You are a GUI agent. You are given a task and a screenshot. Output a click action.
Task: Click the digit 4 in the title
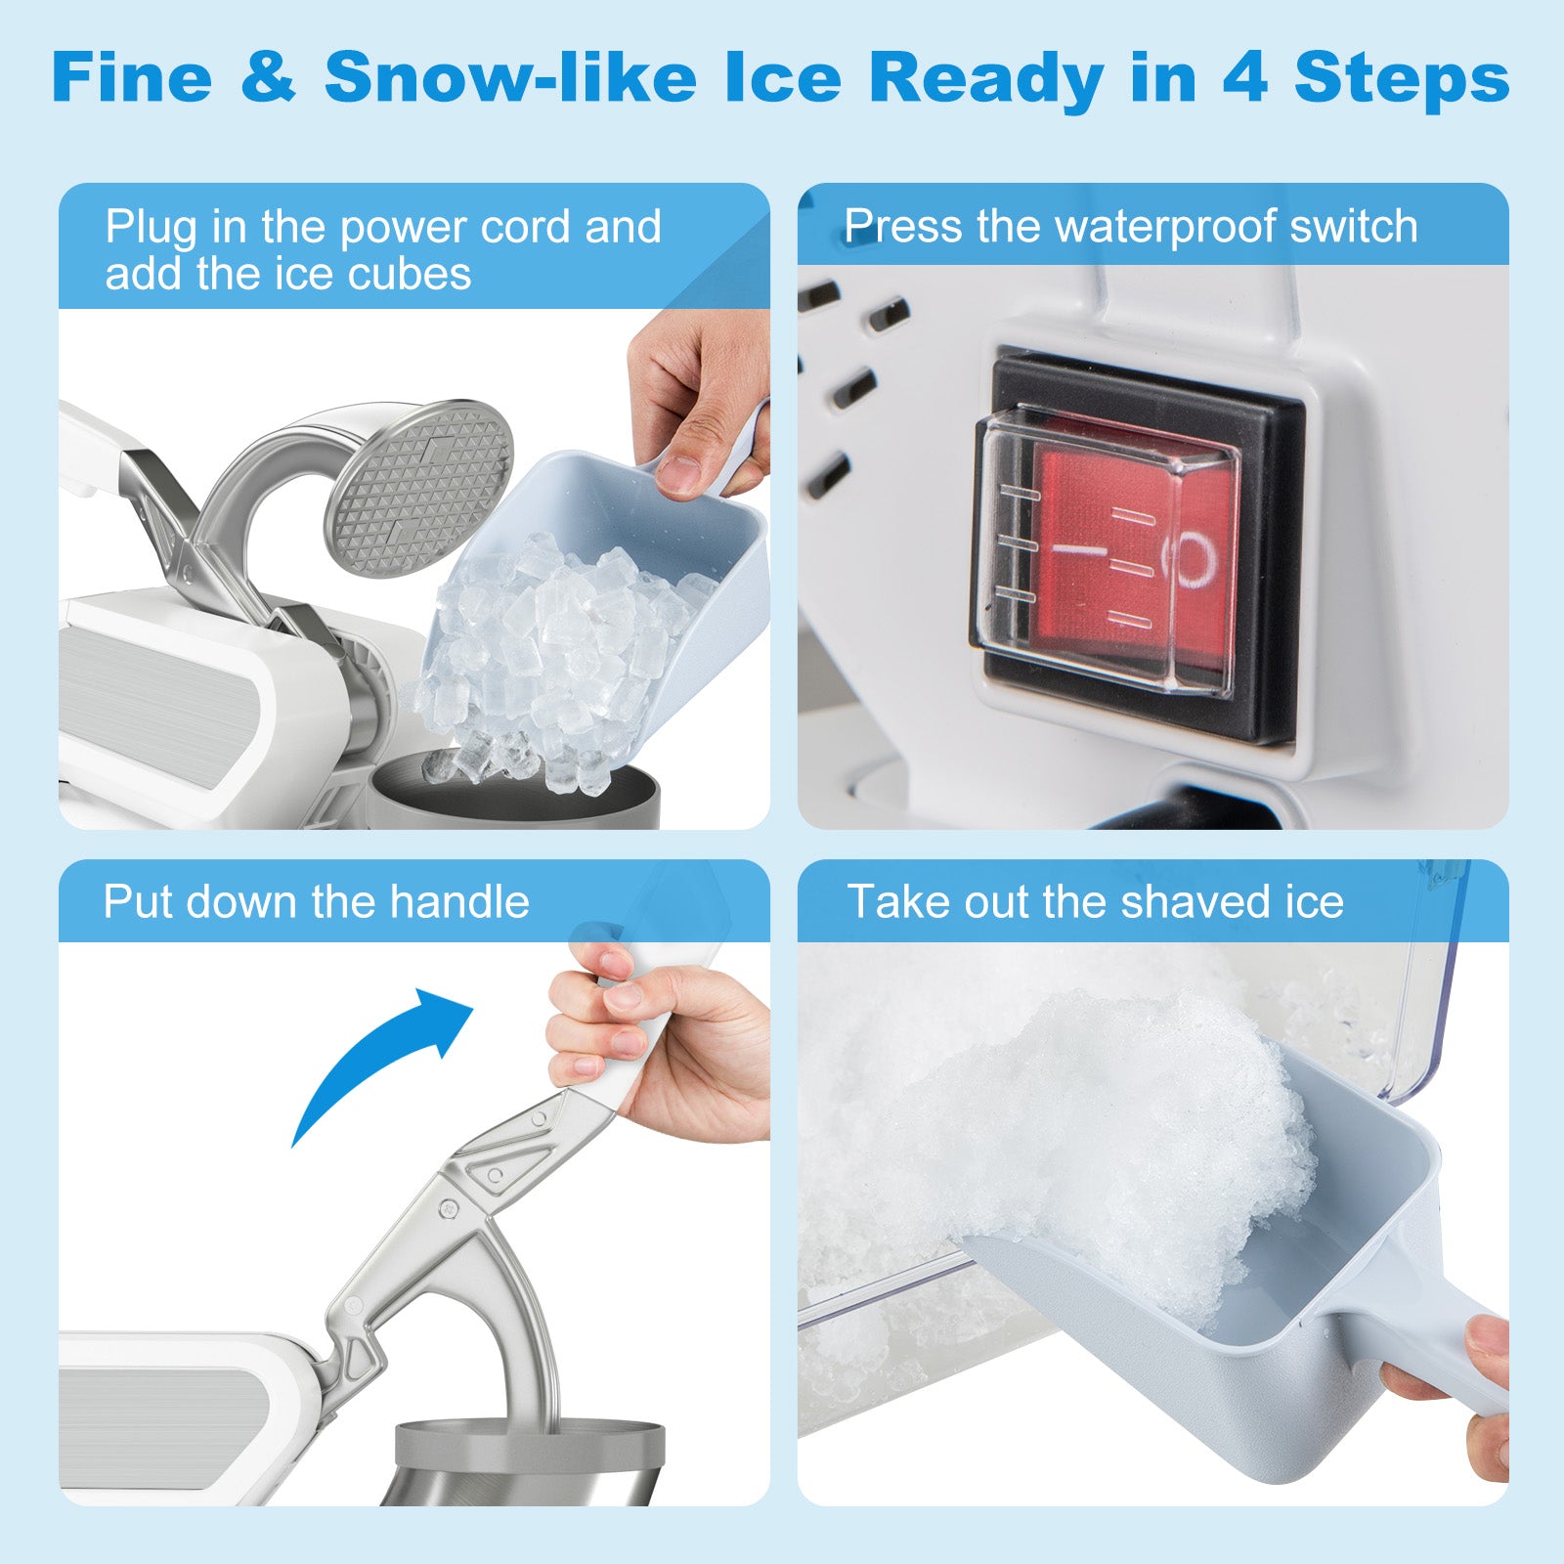click(1244, 78)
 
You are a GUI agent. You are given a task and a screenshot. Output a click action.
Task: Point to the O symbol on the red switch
click(1194, 560)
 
